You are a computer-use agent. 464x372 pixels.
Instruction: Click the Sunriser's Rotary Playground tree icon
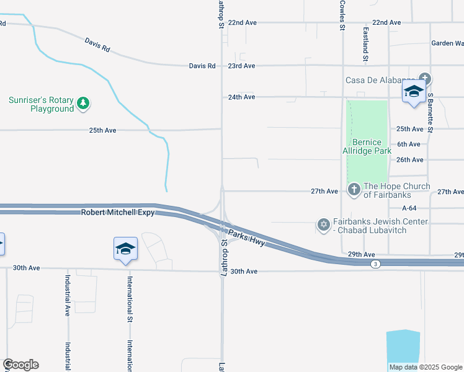click(x=83, y=104)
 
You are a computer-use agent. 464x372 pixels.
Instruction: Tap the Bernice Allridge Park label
click(x=367, y=146)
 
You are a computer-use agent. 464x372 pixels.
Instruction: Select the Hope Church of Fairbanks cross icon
click(x=354, y=189)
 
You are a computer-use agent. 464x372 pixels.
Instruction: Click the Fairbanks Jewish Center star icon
click(x=323, y=224)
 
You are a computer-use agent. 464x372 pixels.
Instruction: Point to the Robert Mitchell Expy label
click(x=117, y=213)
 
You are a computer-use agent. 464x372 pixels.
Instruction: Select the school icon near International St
click(x=126, y=249)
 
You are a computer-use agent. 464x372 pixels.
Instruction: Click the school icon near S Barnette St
click(x=414, y=91)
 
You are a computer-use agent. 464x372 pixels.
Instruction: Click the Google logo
click(x=20, y=365)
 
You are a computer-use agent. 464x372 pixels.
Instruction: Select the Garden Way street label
click(x=447, y=43)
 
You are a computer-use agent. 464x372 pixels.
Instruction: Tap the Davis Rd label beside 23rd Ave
click(x=202, y=66)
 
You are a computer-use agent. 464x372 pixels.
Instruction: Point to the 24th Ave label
click(x=241, y=97)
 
